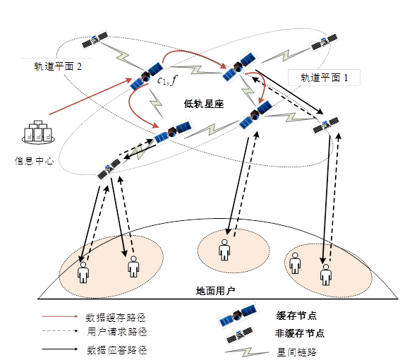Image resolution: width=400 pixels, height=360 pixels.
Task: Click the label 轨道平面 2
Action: point(58,66)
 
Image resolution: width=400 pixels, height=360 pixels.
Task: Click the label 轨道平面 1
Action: point(325,78)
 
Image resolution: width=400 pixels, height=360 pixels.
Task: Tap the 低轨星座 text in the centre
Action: point(204,104)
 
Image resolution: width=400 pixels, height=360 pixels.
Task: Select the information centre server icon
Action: point(38,132)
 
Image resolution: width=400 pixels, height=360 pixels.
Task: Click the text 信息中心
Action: point(34,161)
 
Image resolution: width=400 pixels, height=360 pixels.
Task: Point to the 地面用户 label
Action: point(216,291)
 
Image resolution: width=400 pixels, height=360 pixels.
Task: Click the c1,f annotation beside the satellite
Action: point(167,80)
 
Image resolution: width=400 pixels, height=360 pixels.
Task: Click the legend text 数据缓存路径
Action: point(116,318)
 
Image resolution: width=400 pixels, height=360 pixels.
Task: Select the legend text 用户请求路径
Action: point(117,332)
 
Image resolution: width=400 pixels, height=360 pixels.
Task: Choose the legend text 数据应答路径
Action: point(117,350)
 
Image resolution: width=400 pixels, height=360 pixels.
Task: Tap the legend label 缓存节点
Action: point(296,316)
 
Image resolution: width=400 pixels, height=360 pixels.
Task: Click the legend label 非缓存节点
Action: point(300,333)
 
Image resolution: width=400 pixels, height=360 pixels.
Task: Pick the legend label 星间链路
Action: point(297,352)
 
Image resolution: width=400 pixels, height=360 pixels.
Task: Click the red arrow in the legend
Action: point(60,317)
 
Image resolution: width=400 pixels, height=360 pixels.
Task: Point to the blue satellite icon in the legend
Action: point(238,315)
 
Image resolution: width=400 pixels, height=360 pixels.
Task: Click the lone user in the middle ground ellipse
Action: point(224,250)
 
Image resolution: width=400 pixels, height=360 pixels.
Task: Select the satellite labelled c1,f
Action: point(147,76)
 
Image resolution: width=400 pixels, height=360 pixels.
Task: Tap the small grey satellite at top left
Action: point(95,40)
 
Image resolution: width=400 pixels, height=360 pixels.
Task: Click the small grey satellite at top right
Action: point(324,42)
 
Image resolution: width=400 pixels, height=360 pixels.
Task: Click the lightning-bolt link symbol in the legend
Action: point(246,352)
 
